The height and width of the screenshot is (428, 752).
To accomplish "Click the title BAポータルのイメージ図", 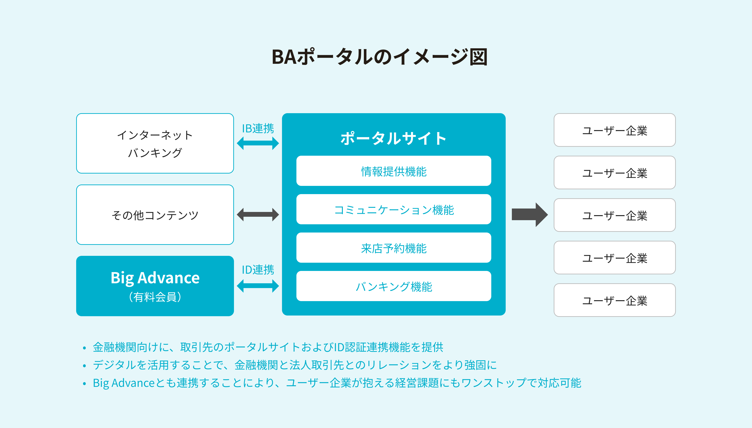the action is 379,57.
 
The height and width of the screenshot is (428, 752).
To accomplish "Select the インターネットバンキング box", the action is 155,143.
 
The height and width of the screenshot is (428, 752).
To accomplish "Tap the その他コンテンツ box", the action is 155,215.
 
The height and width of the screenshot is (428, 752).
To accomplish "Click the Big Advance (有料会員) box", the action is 155,286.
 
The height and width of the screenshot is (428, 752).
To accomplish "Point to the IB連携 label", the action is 258,128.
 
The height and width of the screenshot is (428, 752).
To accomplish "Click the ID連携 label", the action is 258,270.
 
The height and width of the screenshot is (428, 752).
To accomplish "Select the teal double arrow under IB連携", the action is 258,143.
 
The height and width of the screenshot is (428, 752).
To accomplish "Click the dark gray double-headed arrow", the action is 258,215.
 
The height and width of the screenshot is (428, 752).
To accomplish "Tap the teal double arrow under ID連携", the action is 258,286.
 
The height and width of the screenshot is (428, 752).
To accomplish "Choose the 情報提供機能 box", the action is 394,171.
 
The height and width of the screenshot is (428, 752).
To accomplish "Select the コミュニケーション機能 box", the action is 394,209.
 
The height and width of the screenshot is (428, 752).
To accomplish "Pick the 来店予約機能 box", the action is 394,248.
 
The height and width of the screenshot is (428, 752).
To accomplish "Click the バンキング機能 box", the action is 394,286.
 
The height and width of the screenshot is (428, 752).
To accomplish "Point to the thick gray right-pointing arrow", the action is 530,215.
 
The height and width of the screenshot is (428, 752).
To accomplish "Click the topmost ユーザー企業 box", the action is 615,130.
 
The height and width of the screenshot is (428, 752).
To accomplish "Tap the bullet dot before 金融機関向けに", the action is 84,348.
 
